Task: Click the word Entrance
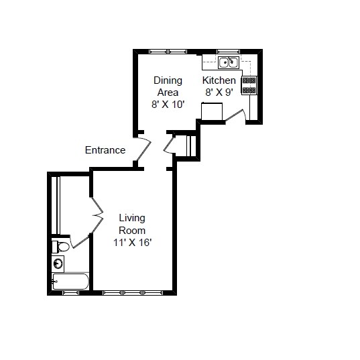(x=105, y=150)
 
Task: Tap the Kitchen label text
(x=219, y=80)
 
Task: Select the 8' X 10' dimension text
(x=168, y=105)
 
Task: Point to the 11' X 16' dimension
(x=132, y=243)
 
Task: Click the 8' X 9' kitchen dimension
(x=219, y=93)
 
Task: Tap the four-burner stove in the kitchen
(x=249, y=84)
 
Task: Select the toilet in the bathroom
(x=60, y=247)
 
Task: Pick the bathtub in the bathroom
(x=70, y=282)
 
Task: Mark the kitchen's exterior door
(x=236, y=117)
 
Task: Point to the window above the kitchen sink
(x=228, y=51)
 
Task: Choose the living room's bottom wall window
(x=131, y=292)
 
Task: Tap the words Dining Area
(x=168, y=86)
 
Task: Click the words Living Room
(x=132, y=224)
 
